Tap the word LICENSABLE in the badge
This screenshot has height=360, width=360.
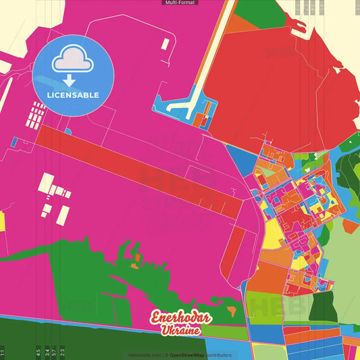(73, 95)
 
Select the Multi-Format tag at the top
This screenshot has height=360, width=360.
(180, 3)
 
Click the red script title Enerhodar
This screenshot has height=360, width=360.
(180, 319)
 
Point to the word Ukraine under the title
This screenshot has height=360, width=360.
(180, 331)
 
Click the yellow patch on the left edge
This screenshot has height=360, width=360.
(2, 221)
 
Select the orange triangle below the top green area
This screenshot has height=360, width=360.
(236, 24)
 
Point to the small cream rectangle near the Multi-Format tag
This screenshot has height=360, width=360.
(165, 44)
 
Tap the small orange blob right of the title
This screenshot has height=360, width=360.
(233, 311)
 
